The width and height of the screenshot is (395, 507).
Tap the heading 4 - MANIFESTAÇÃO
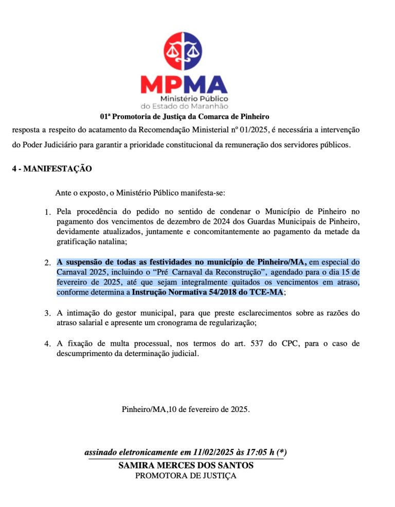click(52, 168)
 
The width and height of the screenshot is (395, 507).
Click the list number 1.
click(47, 212)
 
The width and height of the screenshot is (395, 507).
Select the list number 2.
click(47, 263)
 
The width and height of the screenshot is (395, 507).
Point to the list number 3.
click(47, 313)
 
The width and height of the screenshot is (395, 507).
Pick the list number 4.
click(47, 344)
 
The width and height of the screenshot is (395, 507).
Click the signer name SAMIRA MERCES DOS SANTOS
click(186, 465)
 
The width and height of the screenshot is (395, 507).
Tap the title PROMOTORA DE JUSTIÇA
click(186, 476)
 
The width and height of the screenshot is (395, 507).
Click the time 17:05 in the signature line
click(250, 453)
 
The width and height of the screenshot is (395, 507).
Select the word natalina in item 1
click(106, 241)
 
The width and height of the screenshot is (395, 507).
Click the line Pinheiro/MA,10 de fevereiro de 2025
click(186, 410)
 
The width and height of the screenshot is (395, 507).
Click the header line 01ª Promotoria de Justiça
click(185, 117)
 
